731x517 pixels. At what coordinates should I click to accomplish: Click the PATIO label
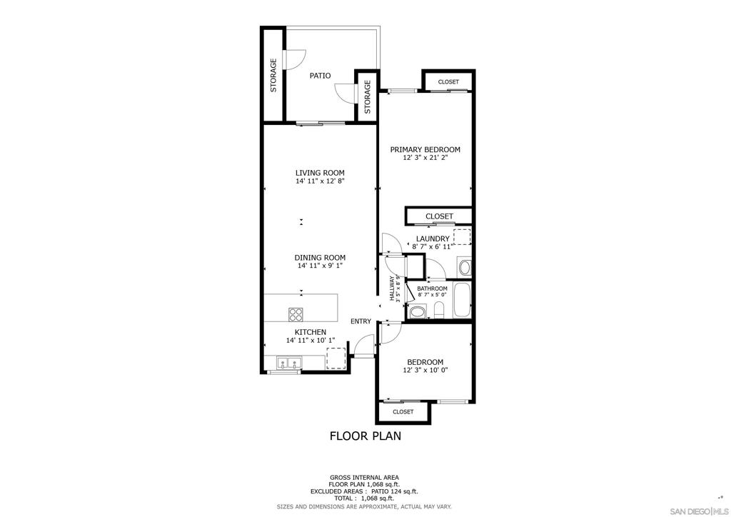(321, 76)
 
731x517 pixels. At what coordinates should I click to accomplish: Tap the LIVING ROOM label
(320, 173)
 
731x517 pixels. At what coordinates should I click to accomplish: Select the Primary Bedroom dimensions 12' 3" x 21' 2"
(425, 158)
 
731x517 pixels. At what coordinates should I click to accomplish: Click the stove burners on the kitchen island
(295, 315)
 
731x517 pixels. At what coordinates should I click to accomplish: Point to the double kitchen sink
(289, 363)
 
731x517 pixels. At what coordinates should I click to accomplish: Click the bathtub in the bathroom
(463, 301)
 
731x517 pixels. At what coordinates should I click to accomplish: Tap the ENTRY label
(361, 321)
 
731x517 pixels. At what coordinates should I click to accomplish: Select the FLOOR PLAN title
(365, 436)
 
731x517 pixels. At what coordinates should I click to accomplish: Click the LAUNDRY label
(433, 239)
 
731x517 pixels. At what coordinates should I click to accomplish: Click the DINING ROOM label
(320, 258)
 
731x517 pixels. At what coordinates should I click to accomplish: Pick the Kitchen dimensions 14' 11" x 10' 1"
(311, 341)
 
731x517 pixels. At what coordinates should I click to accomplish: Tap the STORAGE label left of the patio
(273, 74)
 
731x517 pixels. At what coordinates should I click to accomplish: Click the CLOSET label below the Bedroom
(403, 412)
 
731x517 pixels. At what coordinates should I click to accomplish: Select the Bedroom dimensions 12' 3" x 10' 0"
(425, 371)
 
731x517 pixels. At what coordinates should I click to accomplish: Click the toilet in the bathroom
(439, 310)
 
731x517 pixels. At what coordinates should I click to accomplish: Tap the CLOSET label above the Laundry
(439, 216)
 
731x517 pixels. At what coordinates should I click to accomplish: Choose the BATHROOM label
(432, 288)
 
